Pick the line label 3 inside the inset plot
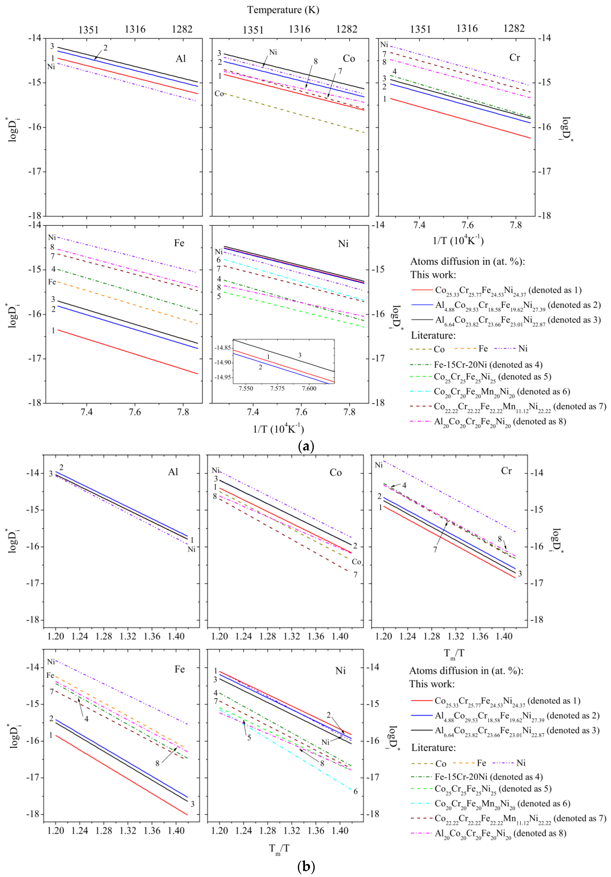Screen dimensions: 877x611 (300, 355)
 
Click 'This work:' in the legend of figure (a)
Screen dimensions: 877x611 (433, 275)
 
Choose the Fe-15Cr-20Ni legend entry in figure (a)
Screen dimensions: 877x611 (488, 365)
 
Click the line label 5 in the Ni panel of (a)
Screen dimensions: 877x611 (219, 296)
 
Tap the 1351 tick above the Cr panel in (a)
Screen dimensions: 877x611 (420, 29)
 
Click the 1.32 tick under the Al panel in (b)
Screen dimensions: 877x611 (128, 636)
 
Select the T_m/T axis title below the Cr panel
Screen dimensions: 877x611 (454, 653)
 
